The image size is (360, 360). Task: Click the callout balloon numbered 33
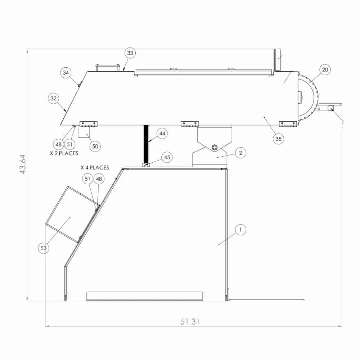(130, 53)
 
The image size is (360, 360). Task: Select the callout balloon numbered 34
(66, 73)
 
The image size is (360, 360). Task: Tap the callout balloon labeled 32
(54, 99)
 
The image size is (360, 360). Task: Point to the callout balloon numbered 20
(325, 69)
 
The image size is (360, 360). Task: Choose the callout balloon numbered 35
(279, 139)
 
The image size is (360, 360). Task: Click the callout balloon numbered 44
(162, 134)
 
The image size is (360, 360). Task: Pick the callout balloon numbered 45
(167, 158)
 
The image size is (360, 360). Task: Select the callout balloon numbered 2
(240, 153)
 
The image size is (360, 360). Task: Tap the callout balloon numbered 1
(240, 230)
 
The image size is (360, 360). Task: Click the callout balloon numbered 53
(44, 248)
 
